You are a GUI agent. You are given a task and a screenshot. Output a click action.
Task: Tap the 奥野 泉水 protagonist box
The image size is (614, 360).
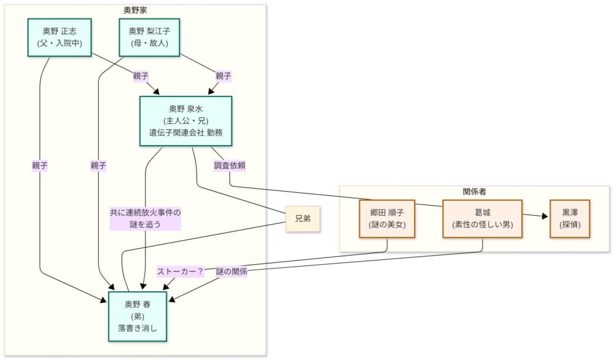click(x=185, y=120)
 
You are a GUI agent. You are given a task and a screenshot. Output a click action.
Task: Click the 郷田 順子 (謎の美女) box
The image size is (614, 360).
click(x=387, y=218)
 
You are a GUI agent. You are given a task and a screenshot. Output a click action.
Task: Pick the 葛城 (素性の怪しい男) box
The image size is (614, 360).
click(x=482, y=218)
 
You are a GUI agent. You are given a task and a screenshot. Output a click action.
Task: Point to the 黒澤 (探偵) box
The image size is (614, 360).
click(x=569, y=218)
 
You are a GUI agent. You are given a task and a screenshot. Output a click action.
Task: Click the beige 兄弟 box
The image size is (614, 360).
click(x=303, y=219)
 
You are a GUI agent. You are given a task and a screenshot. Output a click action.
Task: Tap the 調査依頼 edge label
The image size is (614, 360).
click(x=230, y=165)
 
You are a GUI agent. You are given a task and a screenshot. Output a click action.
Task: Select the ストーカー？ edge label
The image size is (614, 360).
click(x=181, y=272)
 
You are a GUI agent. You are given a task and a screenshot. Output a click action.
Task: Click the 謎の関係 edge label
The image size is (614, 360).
click(x=231, y=272)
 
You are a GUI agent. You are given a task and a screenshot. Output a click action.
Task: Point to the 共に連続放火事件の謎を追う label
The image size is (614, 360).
click(x=146, y=219)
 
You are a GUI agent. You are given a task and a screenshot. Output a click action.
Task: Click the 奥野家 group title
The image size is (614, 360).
click(x=135, y=10)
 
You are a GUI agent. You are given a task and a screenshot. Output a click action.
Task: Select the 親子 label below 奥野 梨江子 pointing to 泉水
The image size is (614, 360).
click(x=223, y=76)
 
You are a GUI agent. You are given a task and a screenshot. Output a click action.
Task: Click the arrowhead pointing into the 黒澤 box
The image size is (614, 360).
click(x=543, y=216)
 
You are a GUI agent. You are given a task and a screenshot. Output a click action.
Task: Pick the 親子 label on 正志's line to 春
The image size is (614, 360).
click(x=40, y=165)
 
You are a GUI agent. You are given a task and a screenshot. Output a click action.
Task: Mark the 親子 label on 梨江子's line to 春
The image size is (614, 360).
click(x=98, y=165)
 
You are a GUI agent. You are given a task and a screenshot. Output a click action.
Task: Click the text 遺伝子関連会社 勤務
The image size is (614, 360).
click(x=185, y=132)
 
